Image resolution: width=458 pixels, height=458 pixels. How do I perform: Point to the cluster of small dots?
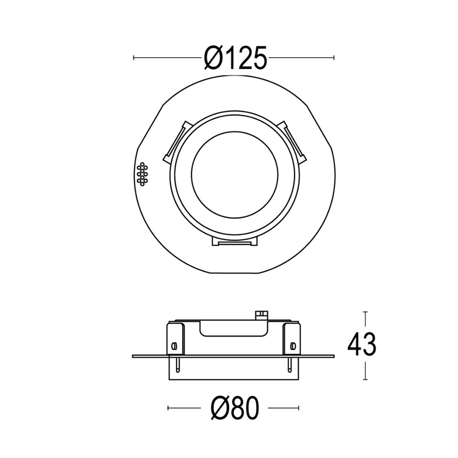[x=142, y=174]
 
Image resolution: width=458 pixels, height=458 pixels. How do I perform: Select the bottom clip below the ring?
[x=234, y=242]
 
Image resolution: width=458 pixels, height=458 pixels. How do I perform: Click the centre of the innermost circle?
[x=234, y=178]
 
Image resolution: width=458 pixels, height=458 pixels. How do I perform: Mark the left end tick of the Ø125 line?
[x=134, y=58]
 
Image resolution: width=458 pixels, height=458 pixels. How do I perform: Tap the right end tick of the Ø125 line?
[x=334, y=58]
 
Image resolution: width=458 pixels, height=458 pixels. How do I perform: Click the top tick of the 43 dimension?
[x=365, y=312]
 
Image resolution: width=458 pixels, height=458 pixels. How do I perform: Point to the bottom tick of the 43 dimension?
[x=365, y=379]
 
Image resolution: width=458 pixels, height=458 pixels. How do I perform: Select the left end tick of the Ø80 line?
[x=169, y=407]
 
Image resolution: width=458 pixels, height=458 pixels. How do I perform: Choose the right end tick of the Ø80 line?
[x=299, y=407]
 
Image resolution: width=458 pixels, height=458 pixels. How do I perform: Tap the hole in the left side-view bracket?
[x=174, y=345]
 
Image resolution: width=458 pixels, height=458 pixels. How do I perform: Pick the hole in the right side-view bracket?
[x=293, y=345]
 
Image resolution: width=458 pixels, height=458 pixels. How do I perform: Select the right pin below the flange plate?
[x=289, y=365]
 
